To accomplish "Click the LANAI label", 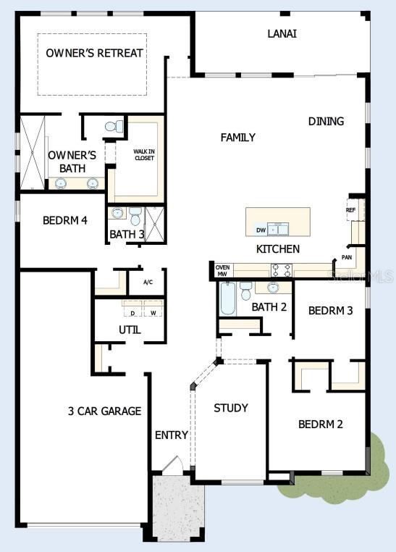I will coord(282,33).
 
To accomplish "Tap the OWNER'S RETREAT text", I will coord(94,53).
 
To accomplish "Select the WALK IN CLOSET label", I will coord(143,155).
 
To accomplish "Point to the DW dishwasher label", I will coord(261,230).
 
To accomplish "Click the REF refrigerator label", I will coord(351,211).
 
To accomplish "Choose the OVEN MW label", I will coord(223,270).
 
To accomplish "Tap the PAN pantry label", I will coord(347,257).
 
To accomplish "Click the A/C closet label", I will coord(148,282).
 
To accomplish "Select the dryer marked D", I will coord(132,313).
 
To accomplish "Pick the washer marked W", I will coord(153,313).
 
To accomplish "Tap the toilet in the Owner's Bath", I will coord(114,127).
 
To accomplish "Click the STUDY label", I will coord(231,408).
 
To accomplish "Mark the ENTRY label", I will coord(172,435).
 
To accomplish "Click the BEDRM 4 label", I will coord(65,220).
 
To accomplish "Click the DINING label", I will coord(326,121).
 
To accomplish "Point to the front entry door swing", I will coord(171,465).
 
